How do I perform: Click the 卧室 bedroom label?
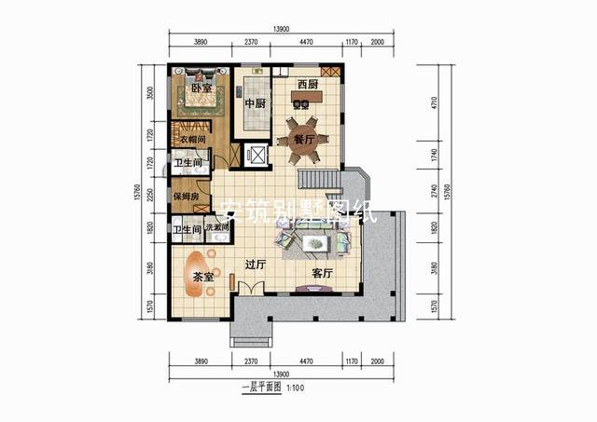coord(198,88)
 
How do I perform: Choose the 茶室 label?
coord(203,278)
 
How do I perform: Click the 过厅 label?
coord(256,265)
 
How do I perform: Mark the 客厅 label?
coord(323,274)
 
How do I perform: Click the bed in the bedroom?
coord(198,93)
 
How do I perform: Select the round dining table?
coord(305,140)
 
